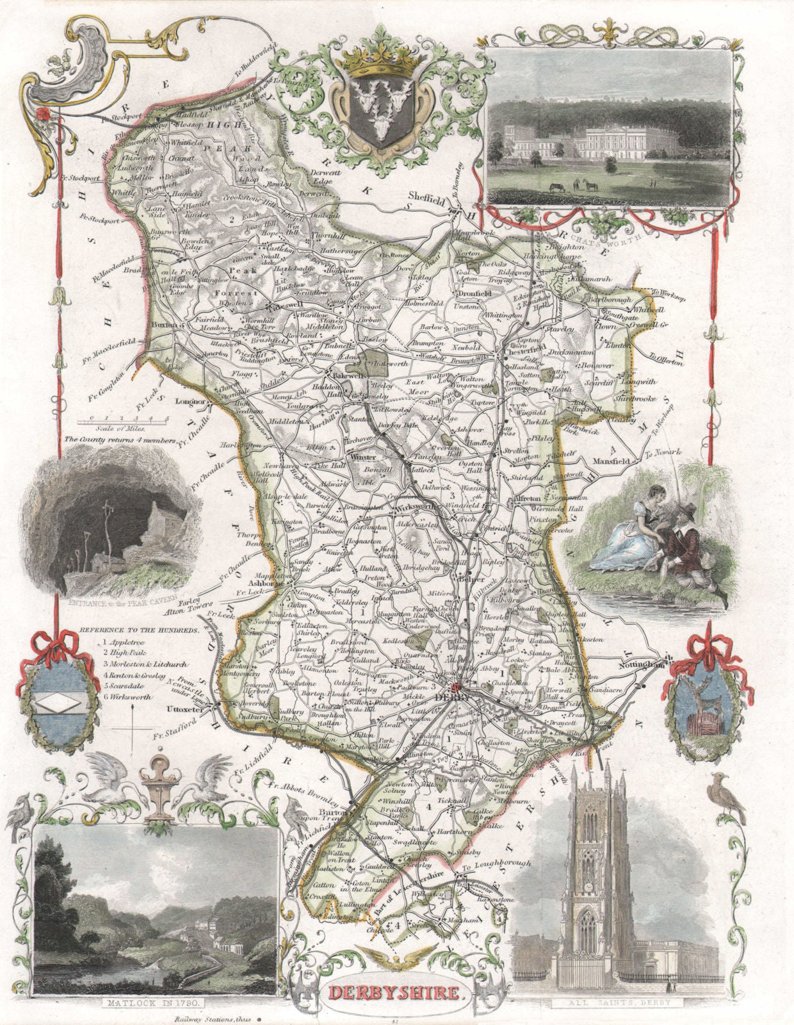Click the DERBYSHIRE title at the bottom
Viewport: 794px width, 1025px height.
[x=396, y=994]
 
